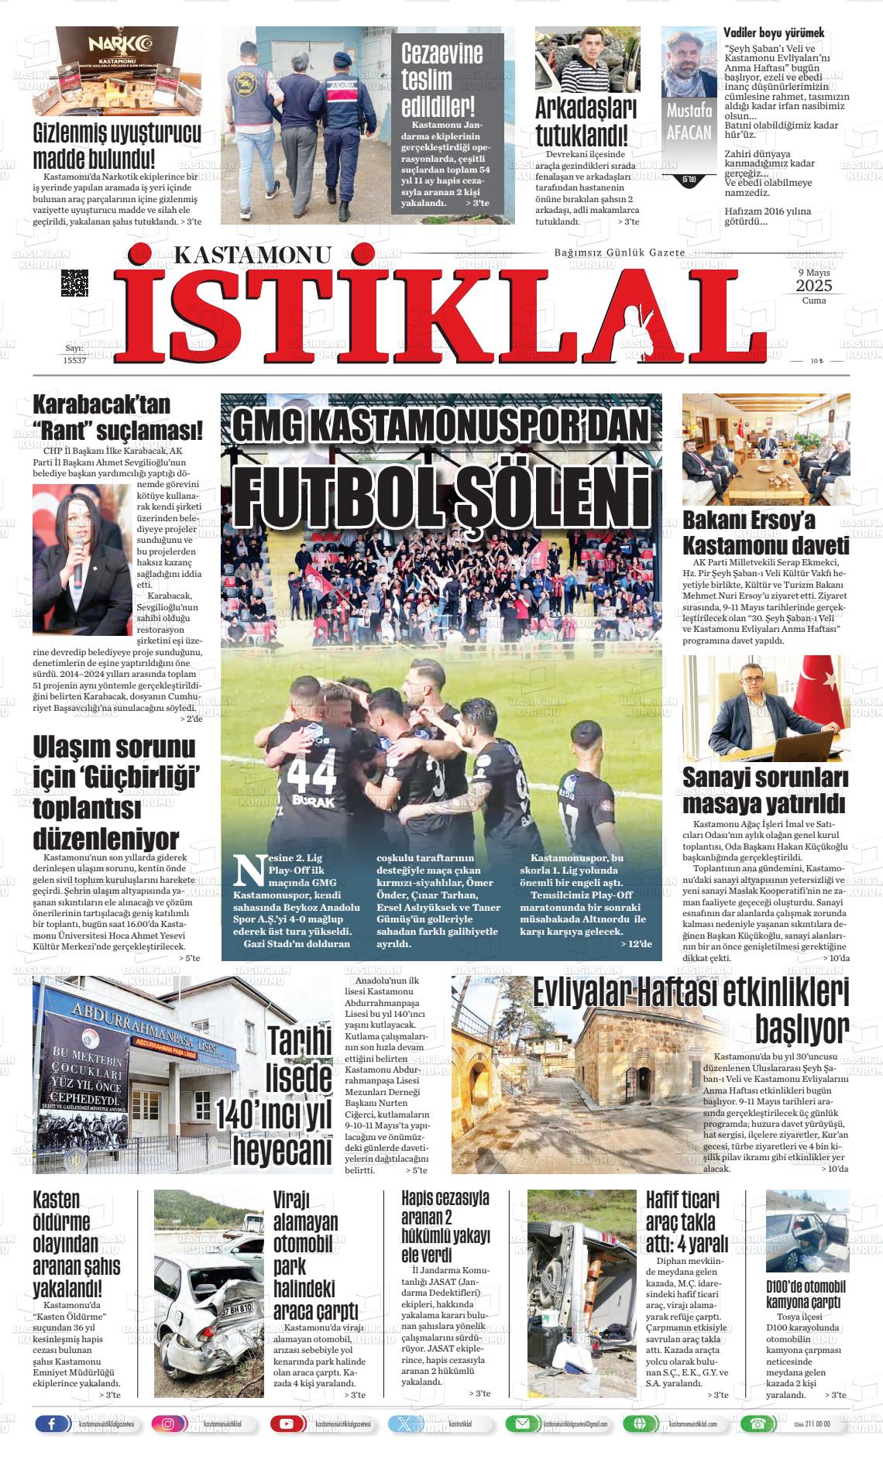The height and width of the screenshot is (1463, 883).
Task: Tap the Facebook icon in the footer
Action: coord(52,1424)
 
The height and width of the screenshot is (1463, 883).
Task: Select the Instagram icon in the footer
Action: coord(168,1424)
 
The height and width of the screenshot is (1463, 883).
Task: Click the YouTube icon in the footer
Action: coord(287,1424)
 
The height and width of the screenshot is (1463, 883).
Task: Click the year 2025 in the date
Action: coord(813,287)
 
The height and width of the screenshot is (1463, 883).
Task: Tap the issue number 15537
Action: coord(74,360)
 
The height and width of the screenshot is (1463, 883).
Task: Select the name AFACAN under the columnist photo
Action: coord(689,132)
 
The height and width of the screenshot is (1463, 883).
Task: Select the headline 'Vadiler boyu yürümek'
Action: coord(773,33)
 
